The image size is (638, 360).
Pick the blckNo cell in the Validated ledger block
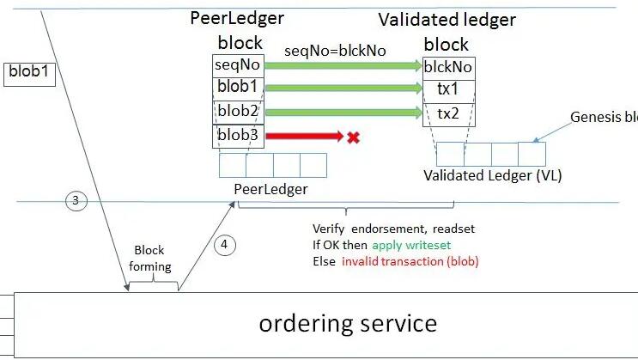[448, 67]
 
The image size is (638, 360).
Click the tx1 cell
[448, 90]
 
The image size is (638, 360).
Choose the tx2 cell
[448, 113]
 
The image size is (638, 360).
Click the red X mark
[352, 136]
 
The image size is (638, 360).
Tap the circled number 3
[76, 201]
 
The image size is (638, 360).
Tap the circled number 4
[223, 245]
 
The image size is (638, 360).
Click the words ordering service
[348, 323]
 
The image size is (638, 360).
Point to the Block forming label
[150, 259]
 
